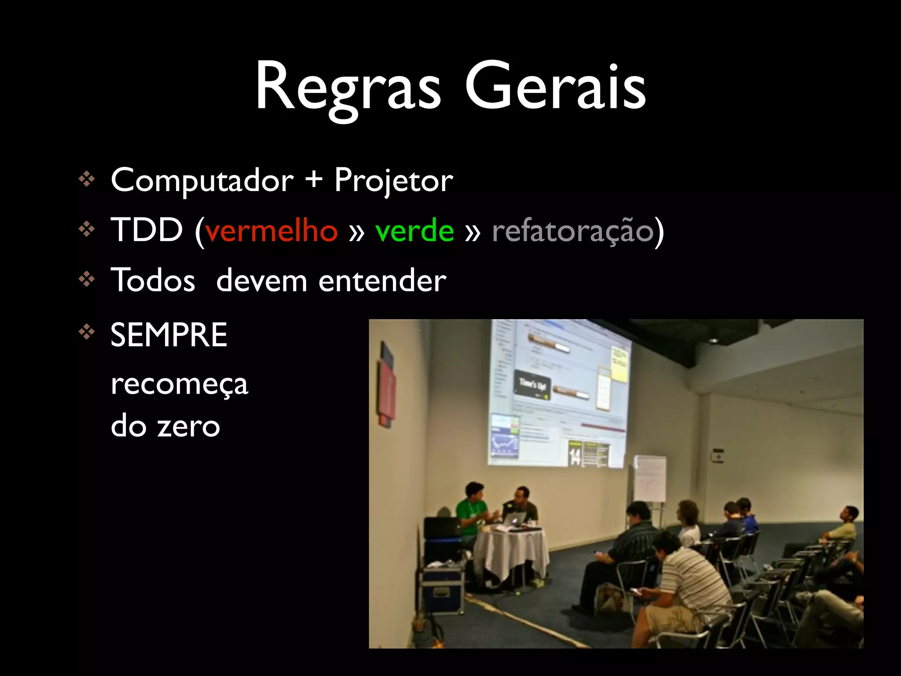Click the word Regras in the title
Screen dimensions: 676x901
click(x=348, y=88)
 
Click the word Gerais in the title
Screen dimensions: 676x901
click(x=555, y=88)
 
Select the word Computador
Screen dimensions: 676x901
click(x=202, y=180)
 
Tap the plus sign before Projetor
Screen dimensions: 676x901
click(x=314, y=180)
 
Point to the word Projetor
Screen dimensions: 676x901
click(x=393, y=180)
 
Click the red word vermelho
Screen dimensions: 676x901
click(x=271, y=231)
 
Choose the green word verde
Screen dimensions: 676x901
click(x=414, y=231)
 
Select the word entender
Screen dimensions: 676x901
click(x=382, y=281)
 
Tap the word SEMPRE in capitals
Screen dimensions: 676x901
click(x=169, y=335)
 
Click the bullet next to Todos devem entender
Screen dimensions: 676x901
click(x=87, y=279)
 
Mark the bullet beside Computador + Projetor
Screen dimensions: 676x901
click(x=87, y=179)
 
